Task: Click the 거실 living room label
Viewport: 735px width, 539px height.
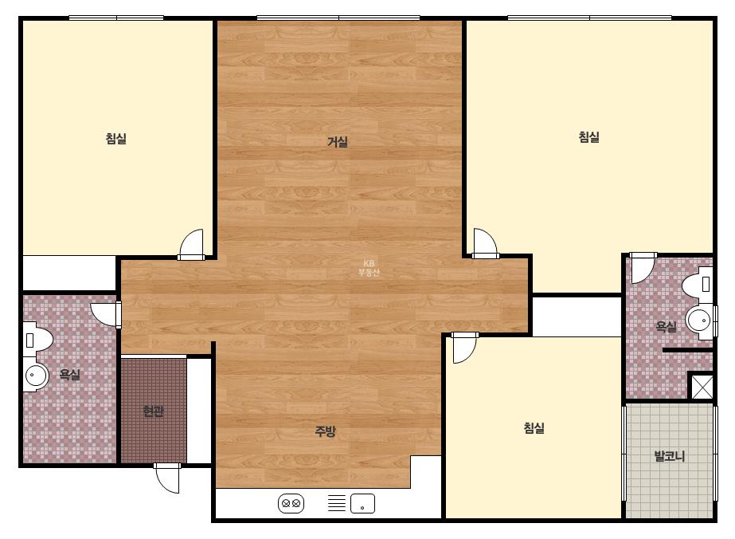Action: [x=338, y=142]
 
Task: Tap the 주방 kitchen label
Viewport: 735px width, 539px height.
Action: [x=326, y=431]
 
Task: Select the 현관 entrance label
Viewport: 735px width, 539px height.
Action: [x=153, y=411]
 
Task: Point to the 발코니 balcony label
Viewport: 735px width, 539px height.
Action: [x=670, y=455]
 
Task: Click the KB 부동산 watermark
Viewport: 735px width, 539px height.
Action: [x=369, y=268]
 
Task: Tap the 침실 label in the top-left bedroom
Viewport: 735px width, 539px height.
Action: [x=115, y=139]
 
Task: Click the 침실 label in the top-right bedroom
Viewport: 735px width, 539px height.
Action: [x=588, y=137]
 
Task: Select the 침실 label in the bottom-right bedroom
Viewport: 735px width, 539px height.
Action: [x=534, y=427]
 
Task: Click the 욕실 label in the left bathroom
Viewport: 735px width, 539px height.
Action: [x=69, y=375]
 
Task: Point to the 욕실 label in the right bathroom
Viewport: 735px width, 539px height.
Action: [x=666, y=326]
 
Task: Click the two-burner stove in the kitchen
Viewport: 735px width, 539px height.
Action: [x=291, y=504]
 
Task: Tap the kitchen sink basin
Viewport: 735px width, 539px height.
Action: [x=362, y=504]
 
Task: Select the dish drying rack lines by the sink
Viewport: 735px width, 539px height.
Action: [x=337, y=503]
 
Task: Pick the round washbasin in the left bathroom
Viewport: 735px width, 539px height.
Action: [x=36, y=375]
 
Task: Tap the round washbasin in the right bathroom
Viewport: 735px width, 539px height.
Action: [x=700, y=321]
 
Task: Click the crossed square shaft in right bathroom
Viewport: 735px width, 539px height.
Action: [x=702, y=386]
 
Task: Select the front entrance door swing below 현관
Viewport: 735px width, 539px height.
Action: [x=167, y=478]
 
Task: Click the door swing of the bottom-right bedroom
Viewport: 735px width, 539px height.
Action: [x=464, y=348]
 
